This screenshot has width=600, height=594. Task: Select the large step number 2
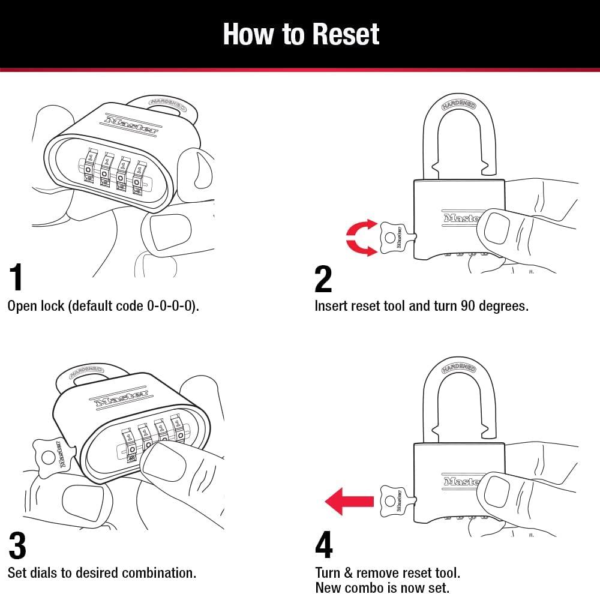click(x=323, y=278)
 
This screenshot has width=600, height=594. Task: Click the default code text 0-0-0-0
click(x=171, y=306)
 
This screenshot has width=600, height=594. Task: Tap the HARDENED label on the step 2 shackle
click(x=459, y=105)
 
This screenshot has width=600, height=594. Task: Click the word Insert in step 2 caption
click(x=331, y=306)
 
